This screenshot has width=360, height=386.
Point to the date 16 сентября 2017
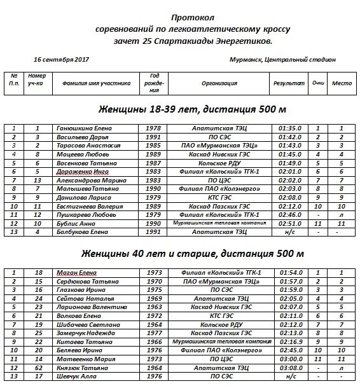click(x=61, y=60)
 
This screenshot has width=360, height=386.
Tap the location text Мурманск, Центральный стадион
click(x=282, y=60)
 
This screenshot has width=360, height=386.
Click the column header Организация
click(x=219, y=83)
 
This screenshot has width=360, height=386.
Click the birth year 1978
click(x=154, y=129)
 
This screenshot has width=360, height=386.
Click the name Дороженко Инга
click(x=83, y=172)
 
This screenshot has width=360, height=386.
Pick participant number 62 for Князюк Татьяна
click(x=38, y=368)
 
